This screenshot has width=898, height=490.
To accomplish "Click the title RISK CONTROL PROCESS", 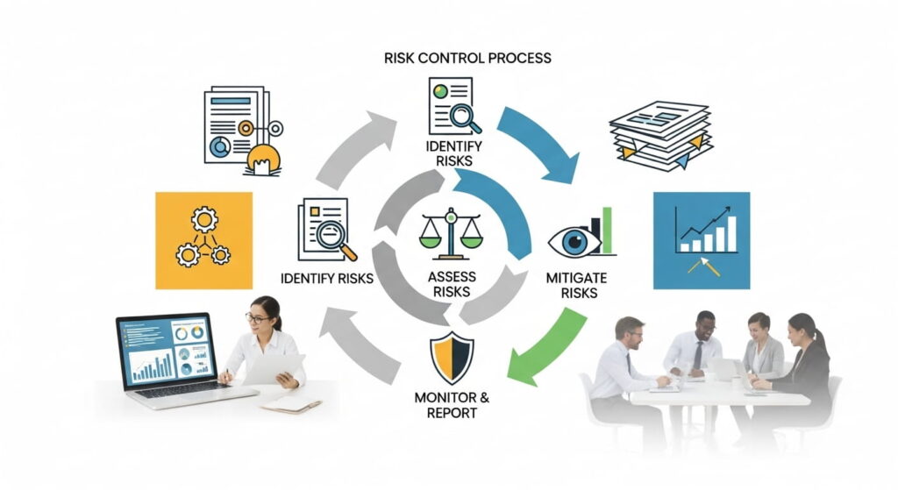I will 468,59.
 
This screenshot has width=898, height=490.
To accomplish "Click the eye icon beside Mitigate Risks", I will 574,240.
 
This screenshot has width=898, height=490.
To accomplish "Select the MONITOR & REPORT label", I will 453,405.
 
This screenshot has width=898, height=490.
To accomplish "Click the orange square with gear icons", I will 203,240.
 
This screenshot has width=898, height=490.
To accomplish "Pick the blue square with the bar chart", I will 702,240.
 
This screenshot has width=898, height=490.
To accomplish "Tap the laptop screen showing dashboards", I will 167,350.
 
